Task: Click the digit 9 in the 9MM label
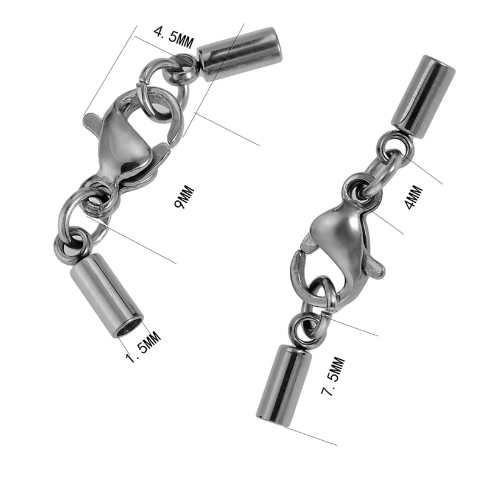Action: pyautogui.click(x=181, y=204)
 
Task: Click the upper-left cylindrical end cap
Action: pyautogui.click(x=239, y=54)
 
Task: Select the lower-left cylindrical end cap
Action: pyautogui.click(x=107, y=295)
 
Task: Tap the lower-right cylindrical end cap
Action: pyautogui.click(x=282, y=384)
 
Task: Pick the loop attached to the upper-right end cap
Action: pyautogui.click(x=394, y=145)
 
